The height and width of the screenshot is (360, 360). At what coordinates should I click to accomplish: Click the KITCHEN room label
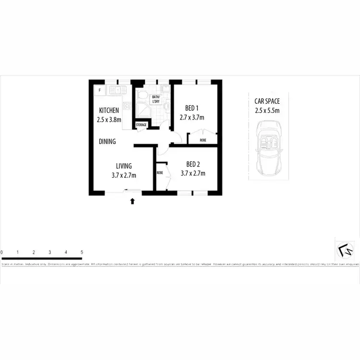click(109, 110)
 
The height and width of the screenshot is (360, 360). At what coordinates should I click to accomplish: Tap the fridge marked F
click(100, 90)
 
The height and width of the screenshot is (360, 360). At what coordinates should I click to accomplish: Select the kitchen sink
click(117, 89)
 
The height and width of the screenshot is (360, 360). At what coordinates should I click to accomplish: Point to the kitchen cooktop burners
click(128, 106)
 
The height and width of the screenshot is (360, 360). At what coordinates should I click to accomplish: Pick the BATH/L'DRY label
click(156, 99)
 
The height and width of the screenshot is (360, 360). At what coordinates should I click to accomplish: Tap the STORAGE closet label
click(141, 125)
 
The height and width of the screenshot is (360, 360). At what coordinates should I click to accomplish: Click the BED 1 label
click(192, 108)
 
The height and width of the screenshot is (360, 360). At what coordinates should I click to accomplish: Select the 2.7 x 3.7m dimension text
click(192, 117)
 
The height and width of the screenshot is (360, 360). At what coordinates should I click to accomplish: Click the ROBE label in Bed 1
click(203, 140)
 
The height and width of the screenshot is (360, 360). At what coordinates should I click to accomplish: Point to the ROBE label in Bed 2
click(159, 172)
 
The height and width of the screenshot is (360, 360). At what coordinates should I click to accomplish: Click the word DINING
click(107, 142)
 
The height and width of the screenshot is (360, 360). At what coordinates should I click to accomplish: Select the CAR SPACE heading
click(267, 101)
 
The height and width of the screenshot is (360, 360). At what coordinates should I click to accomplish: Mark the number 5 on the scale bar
click(82, 252)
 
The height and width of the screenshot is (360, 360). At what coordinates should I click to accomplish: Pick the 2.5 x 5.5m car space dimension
click(267, 110)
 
